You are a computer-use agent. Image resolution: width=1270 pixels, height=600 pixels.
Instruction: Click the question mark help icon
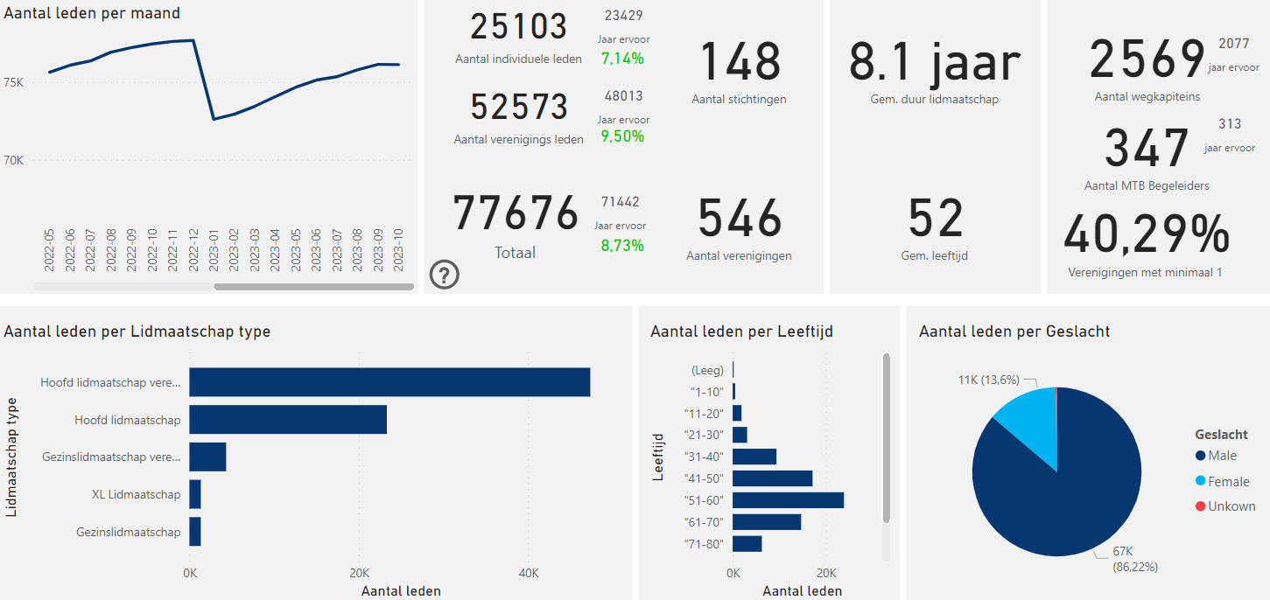(x=445, y=275)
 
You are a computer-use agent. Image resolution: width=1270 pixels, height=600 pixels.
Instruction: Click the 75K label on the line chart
(x=15, y=82)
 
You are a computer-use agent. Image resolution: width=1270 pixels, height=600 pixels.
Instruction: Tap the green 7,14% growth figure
(x=622, y=59)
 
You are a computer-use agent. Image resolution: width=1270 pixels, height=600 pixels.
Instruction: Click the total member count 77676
(x=516, y=214)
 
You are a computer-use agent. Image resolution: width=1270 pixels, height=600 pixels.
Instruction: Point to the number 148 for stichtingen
(x=740, y=62)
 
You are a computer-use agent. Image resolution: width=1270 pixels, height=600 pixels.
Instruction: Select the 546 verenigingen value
(x=740, y=219)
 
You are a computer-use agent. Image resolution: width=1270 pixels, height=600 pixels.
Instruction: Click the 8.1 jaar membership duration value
(x=935, y=62)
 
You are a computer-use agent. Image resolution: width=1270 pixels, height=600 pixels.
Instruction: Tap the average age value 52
(x=935, y=219)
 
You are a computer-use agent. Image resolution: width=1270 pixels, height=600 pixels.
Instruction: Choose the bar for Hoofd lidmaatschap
(x=288, y=420)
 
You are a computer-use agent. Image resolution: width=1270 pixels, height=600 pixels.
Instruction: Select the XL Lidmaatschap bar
(x=195, y=494)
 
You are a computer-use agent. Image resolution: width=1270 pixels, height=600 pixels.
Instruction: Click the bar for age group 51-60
(x=788, y=500)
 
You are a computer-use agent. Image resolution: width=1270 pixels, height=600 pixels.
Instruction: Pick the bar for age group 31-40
(x=754, y=457)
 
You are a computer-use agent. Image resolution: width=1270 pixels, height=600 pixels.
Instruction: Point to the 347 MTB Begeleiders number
(x=1147, y=149)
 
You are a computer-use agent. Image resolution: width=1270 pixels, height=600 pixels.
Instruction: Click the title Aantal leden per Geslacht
(x=1014, y=331)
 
